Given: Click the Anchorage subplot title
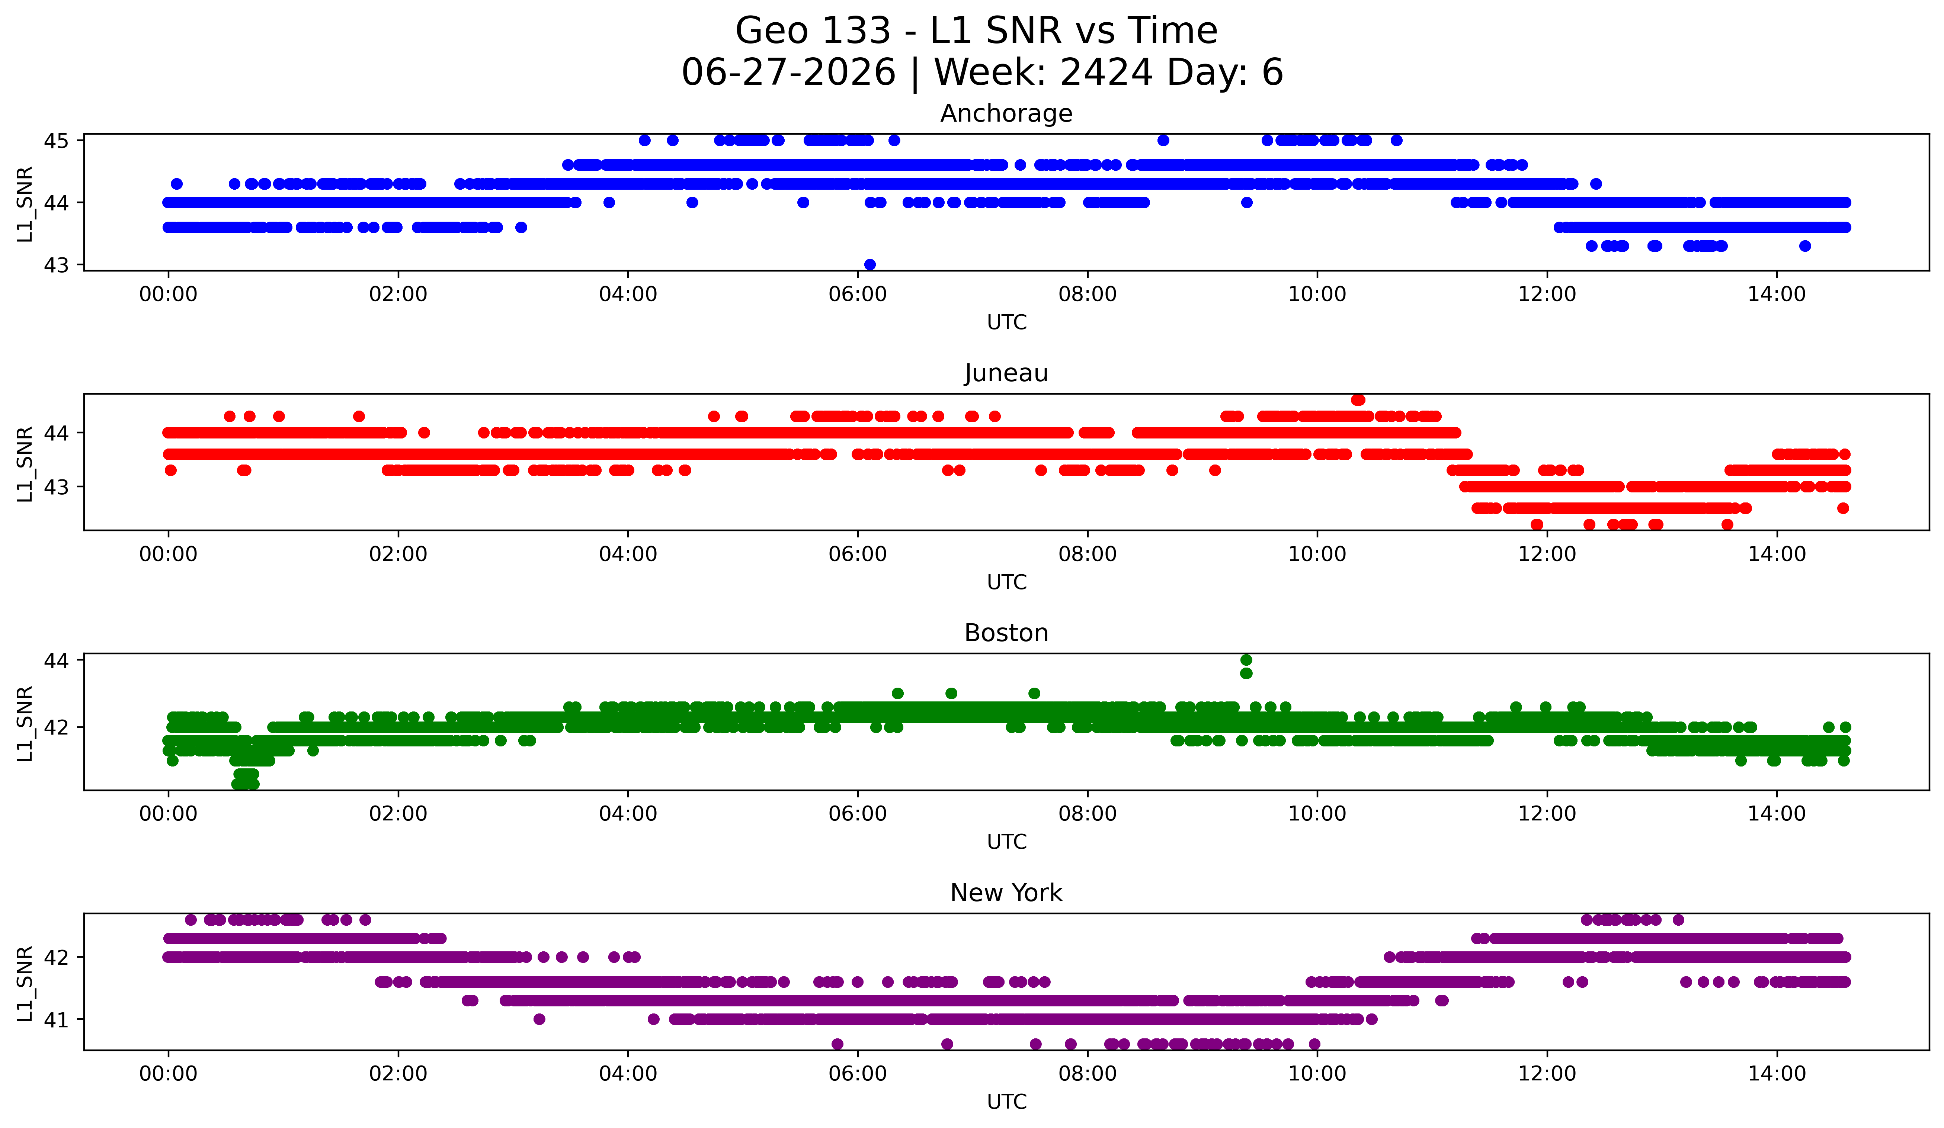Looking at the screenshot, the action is [1006, 113].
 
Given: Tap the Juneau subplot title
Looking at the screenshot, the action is [1006, 373].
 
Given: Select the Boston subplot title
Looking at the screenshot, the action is [1006, 633].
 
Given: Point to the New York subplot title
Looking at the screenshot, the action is [1006, 893].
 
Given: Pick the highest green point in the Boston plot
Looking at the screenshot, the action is [1246, 660].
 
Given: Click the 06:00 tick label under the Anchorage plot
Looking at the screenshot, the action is [858, 295].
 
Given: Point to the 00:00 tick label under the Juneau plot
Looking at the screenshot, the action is [168, 555].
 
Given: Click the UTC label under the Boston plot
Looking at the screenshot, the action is [1007, 842].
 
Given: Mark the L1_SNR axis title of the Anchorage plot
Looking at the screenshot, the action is [25, 203].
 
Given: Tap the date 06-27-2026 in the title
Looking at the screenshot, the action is [788, 73].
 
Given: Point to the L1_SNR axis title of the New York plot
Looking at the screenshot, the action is [25, 984].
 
